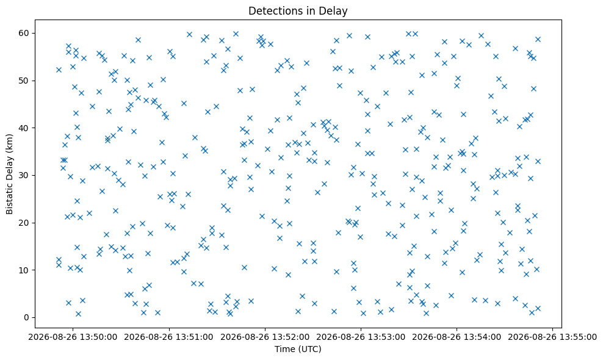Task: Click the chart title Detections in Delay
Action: (298, 11)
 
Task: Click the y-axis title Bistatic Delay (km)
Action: (10, 174)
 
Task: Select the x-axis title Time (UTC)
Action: (298, 349)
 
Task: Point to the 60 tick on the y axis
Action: (24, 33)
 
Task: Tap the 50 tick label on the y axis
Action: (24, 81)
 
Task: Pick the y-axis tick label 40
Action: (24, 128)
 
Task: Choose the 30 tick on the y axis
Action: (24, 175)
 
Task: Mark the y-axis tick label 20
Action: (24, 223)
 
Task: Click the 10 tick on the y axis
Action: (24, 270)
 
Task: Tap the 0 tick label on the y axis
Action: (27, 318)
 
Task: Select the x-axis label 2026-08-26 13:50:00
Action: (73, 337)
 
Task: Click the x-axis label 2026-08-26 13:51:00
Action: (169, 337)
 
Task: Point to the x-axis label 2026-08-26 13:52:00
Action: (265, 337)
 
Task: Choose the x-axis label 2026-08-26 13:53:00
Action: (361, 337)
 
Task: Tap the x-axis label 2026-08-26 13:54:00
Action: (457, 337)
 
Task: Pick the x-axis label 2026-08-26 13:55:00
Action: (552, 337)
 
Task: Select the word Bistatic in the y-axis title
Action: (10, 198)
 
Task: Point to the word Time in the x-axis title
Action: (283, 349)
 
